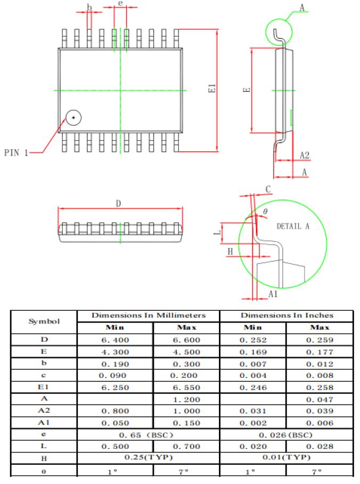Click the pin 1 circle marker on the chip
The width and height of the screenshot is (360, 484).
(x=73, y=117)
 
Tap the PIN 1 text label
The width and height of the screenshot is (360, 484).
(x=16, y=153)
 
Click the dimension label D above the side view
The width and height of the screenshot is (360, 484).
(x=119, y=203)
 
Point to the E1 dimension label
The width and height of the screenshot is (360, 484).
(x=212, y=89)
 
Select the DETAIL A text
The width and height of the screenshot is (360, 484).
(x=293, y=226)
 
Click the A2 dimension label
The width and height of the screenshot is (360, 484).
(x=305, y=156)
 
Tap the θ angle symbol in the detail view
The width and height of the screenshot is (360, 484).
(x=265, y=212)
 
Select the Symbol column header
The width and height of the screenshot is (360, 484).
(x=44, y=321)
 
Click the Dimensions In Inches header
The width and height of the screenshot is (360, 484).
(x=287, y=316)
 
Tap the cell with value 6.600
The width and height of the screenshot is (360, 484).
(x=186, y=340)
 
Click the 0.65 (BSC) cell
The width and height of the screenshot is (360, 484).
(x=149, y=434)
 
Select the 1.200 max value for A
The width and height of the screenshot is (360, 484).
(x=186, y=399)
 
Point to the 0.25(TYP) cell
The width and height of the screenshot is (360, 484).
(x=149, y=458)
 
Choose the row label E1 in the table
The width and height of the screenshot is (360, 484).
(x=44, y=387)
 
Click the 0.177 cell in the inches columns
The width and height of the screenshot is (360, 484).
(x=320, y=351)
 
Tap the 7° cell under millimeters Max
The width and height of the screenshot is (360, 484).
(x=186, y=471)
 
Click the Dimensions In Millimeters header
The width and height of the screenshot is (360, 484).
(x=149, y=316)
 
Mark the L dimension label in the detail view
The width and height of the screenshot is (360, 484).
(x=222, y=232)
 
